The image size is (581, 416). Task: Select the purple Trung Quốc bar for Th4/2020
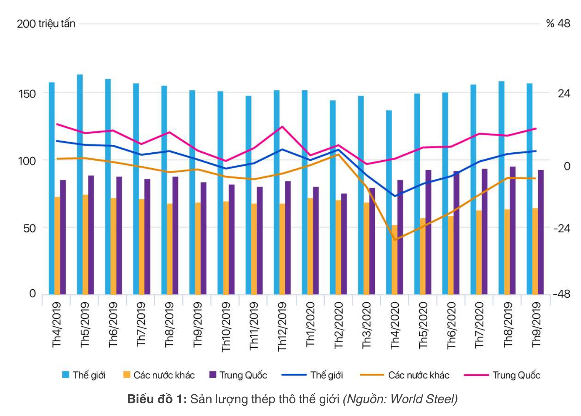400,237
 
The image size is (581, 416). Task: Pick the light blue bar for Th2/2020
333,197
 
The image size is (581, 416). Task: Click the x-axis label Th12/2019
282,326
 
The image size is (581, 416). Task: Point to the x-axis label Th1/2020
311,324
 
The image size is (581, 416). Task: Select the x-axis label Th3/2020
367,325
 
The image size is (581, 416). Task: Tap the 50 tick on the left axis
29,228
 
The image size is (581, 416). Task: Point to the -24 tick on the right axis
561,228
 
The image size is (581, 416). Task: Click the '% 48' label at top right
558,24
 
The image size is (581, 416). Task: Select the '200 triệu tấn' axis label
46,24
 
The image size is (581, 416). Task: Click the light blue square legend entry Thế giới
66,375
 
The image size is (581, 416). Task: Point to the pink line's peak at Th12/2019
282,127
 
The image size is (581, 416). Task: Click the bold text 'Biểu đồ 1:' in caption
157,399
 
